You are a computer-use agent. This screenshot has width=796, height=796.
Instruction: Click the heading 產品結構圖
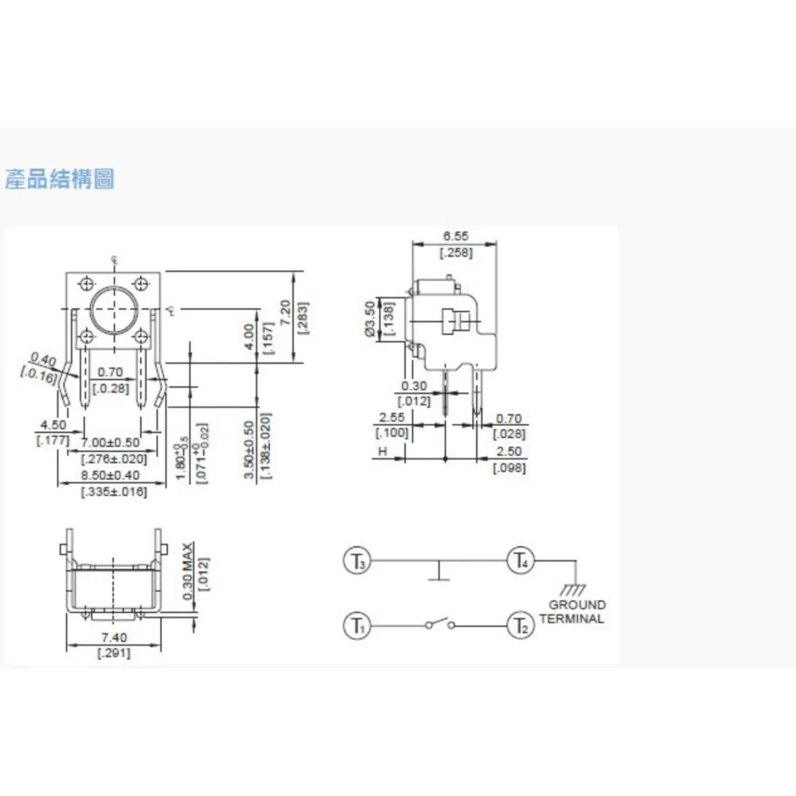click(60, 179)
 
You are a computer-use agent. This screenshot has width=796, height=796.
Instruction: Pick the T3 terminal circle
click(357, 561)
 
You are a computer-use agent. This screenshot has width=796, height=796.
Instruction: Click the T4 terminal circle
click(521, 561)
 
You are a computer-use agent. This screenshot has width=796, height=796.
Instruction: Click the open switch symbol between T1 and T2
click(439, 626)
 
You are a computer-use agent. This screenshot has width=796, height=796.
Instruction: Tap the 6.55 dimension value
click(456, 236)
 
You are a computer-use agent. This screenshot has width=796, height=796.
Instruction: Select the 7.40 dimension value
click(114, 638)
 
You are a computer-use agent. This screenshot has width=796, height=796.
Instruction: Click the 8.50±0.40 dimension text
click(114, 475)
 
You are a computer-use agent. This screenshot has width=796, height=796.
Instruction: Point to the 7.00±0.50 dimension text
click(114, 443)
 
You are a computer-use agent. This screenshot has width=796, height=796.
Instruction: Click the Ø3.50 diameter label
click(369, 318)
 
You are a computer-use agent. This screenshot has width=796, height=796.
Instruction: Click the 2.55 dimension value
click(391, 417)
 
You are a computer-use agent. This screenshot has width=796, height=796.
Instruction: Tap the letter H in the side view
click(382, 451)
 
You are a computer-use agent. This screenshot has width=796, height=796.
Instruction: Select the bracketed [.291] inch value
click(114, 654)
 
